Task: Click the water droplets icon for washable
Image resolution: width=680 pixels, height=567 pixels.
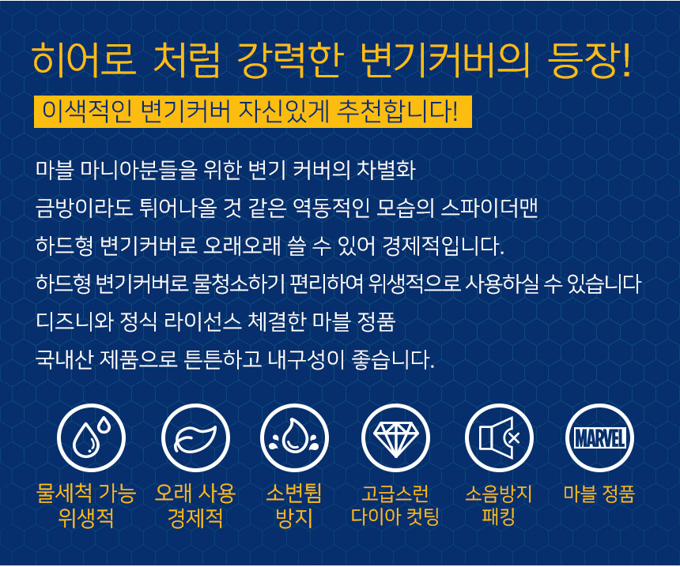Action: pyautogui.click(x=92, y=437)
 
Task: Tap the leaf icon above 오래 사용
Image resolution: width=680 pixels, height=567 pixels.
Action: pyautogui.click(x=195, y=437)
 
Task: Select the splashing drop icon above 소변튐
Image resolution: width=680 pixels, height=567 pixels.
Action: pyautogui.click(x=294, y=437)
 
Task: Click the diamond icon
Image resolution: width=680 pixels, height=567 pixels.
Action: pyautogui.click(x=395, y=437)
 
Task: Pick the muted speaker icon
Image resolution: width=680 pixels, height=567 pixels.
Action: pyautogui.click(x=499, y=437)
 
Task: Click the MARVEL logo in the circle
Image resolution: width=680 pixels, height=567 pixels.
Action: pyautogui.click(x=600, y=437)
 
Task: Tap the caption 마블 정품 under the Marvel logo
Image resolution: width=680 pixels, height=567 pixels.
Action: pyautogui.click(x=599, y=494)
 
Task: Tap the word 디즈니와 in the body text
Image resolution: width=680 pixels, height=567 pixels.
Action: pyautogui.click(x=75, y=322)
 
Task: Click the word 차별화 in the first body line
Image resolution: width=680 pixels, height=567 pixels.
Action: pyautogui.click(x=386, y=171)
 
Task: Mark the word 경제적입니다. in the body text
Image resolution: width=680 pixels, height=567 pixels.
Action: pyautogui.click(x=443, y=246)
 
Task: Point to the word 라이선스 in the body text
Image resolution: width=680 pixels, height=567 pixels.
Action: pyautogui.click(x=202, y=322)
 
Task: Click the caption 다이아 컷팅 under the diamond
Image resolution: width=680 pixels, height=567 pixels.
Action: pyautogui.click(x=395, y=516)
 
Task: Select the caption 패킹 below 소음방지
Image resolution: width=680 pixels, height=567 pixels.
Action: pyautogui.click(x=498, y=516)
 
